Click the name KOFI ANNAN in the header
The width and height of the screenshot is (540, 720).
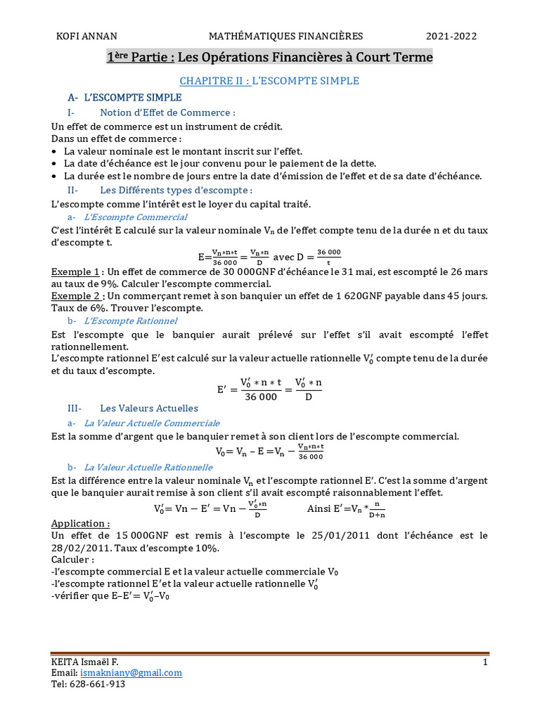coord(86,36)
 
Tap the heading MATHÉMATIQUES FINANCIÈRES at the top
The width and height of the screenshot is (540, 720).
coord(285,36)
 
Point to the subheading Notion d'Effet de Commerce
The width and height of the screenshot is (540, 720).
coord(167,112)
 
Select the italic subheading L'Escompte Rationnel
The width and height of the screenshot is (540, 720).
coord(130,321)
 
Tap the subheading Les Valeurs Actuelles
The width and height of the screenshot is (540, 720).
coord(149,408)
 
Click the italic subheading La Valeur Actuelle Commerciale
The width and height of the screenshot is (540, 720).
coord(152,423)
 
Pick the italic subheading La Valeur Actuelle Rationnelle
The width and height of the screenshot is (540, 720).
coord(148,467)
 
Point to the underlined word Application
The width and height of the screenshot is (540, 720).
coord(81,524)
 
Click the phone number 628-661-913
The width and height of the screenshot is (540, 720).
coord(97,684)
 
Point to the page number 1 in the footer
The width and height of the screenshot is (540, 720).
coord(484,662)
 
